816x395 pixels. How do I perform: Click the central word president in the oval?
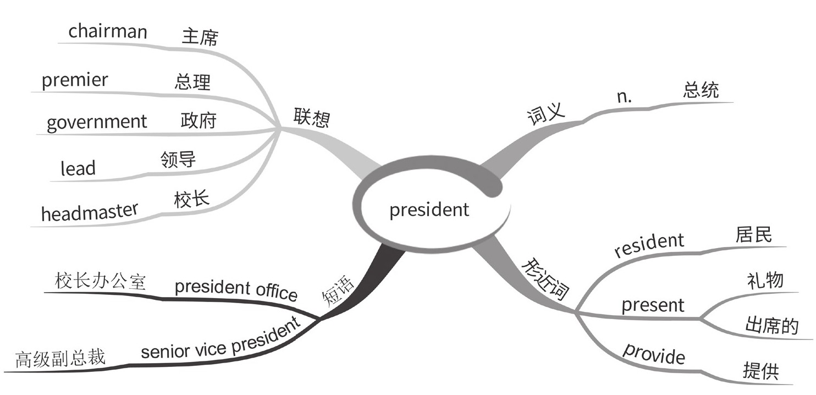coord(429,210)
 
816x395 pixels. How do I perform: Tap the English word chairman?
coord(108,31)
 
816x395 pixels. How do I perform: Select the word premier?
coord(75,80)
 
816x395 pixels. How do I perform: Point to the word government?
coord(97,122)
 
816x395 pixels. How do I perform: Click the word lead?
coord(78,168)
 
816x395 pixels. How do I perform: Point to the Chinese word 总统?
coord(701,90)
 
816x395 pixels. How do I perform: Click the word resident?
coord(649,245)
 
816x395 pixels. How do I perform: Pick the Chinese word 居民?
coord(753,235)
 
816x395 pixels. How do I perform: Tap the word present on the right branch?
coord(653,305)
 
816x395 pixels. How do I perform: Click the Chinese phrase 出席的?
coord(771,326)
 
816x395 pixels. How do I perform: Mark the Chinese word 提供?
coord(760,371)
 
